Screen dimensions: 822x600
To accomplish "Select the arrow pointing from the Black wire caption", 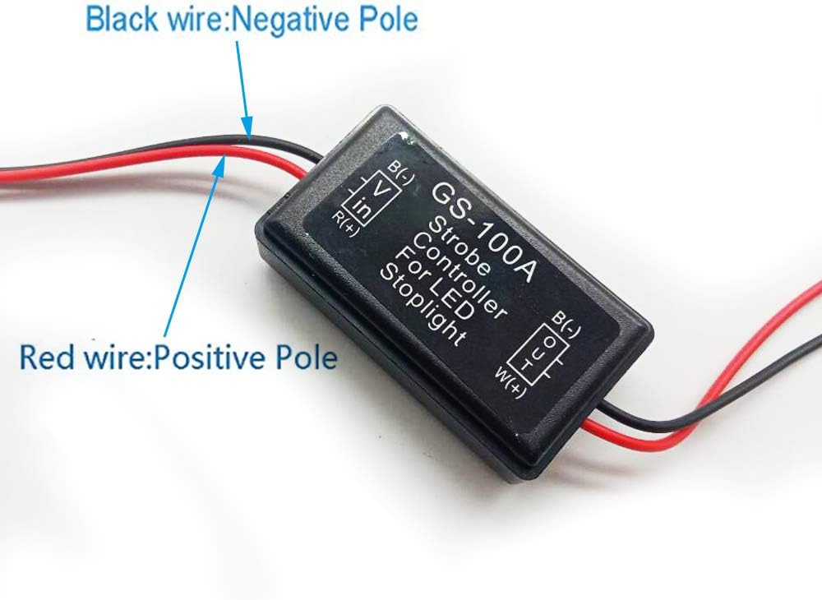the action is tap(242, 82).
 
